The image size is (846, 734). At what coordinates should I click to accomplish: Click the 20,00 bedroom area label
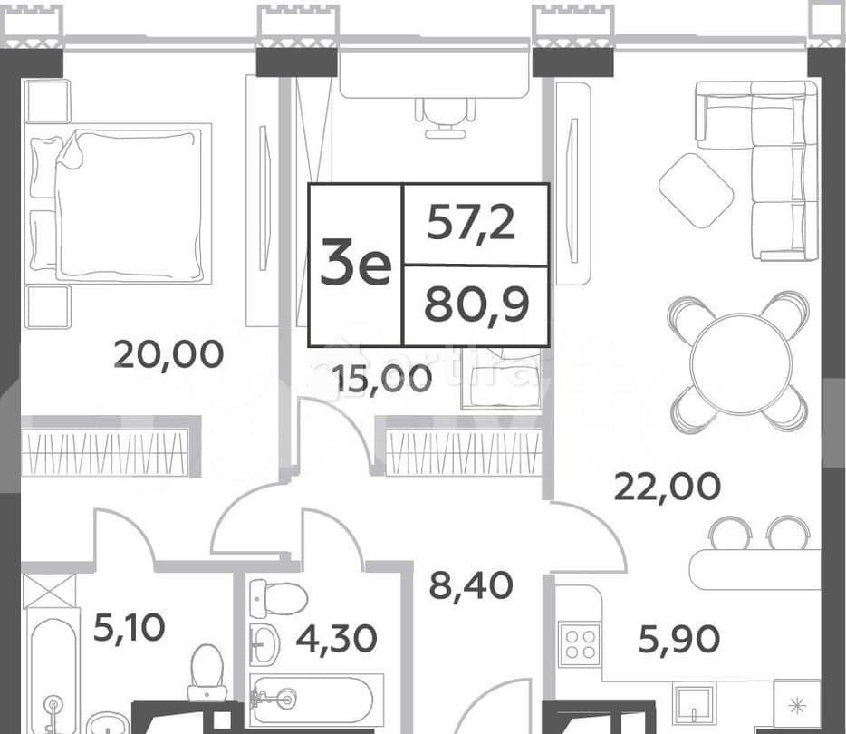tap(168, 354)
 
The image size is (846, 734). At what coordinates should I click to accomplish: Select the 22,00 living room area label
tap(668, 487)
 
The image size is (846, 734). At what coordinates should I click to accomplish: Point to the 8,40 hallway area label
tap(470, 585)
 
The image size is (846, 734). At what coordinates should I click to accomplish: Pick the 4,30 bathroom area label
tap(336, 639)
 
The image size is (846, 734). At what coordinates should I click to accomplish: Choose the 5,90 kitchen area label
tap(678, 640)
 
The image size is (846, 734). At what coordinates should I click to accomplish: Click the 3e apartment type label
tap(355, 265)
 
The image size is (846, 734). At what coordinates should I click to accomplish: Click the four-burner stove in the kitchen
tap(580, 644)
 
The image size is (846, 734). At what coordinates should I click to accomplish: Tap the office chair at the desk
tap(445, 115)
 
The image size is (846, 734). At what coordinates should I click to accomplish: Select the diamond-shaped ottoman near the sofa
tap(696, 190)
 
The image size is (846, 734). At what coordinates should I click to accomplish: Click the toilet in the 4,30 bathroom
tap(277, 598)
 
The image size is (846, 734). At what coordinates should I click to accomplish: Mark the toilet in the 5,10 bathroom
tap(207, 674)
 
